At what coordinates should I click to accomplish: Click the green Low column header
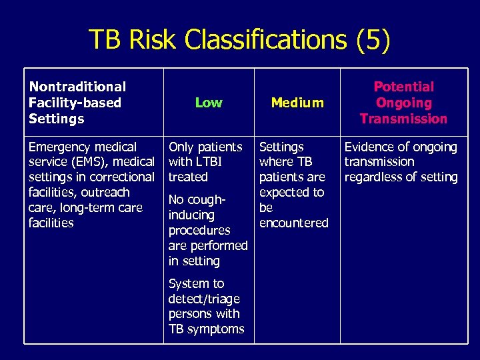(209, 103)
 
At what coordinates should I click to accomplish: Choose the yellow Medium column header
(297, 103)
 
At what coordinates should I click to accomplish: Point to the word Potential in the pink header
(403, 87)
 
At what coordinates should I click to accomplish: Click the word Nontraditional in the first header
(77, 87)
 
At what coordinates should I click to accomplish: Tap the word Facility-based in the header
(75, 103)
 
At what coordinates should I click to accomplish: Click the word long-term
(84, 208)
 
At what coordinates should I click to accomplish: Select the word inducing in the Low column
(191, 215)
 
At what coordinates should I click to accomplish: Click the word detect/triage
(204, 299)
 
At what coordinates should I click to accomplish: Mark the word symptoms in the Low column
(217, 329)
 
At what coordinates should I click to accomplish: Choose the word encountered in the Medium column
(293, 223)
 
